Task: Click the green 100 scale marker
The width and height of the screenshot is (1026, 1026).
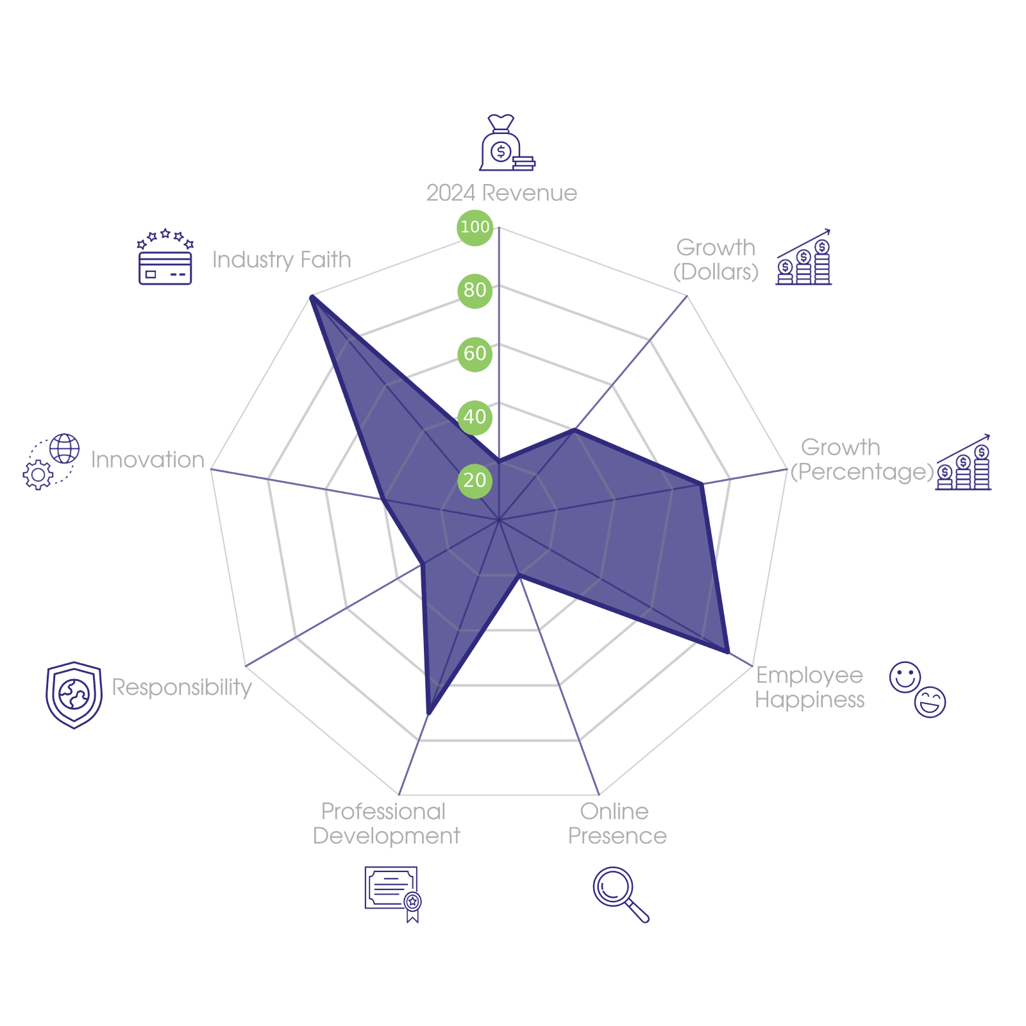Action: tap(475, 227)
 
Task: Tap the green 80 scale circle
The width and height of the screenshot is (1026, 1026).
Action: tap(475, 290)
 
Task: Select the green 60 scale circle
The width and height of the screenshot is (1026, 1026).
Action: tap(475, 353)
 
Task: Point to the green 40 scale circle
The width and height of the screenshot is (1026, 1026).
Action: tap(475, 417)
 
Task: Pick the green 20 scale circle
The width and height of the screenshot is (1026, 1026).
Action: tap(475, 480)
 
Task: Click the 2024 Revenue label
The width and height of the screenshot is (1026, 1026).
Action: tap(501, 193)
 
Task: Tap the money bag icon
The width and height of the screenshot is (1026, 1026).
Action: tap(507, 142)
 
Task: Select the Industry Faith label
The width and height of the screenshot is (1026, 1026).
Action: tap(282, 260)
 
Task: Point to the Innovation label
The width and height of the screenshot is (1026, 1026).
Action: tap(147, 460)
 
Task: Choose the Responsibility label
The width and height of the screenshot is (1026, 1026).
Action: tap(181, 687)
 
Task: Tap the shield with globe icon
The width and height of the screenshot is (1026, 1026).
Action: tap(74, 695)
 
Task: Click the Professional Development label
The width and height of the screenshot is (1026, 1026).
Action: tap(386, 823)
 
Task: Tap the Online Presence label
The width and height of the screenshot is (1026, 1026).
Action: tap(617, 823)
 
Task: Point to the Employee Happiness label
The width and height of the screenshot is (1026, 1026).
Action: tap(809, 687)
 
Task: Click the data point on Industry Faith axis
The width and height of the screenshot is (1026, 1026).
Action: tap(311, 296)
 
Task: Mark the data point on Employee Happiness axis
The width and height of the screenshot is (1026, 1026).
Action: tap(728, 652)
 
